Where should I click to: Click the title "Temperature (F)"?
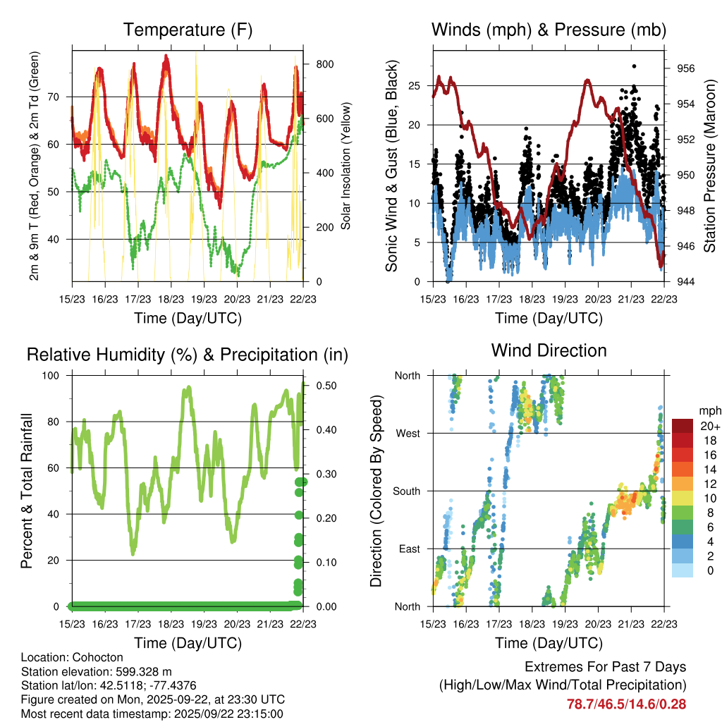pyautogui.click(x=188, y=30)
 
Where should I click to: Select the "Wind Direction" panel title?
pyautogui.click(x=549, y=350)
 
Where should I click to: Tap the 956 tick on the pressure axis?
pyautogui.click(x=687, y=68)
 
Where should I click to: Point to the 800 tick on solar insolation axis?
pyautogui.click(x=324, y=63)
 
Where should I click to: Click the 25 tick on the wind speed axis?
pyautogui.click(x=415, y=85)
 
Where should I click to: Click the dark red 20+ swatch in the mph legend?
pyautogui.click(x=683, y=426)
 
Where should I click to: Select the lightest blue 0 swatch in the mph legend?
pyautogui.click(x=683, y=570)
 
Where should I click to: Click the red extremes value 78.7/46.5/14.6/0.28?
pyautogui.click(x=626, y=704)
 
